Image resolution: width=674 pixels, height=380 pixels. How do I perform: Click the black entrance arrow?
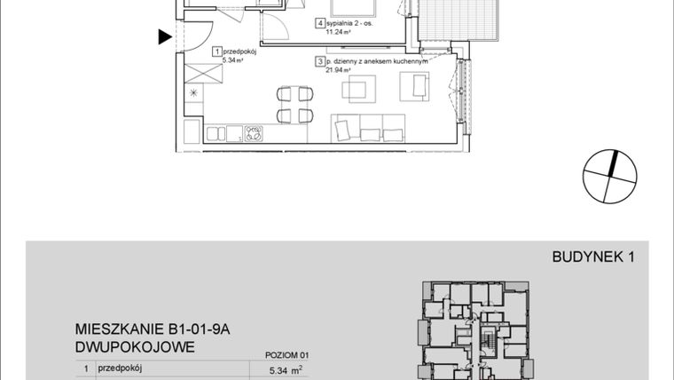pos(164,37)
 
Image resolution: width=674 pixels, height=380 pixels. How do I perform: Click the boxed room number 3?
pos(318,62)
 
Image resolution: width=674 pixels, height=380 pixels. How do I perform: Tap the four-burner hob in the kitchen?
pos(255,134)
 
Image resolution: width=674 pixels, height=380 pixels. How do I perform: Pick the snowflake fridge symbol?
pos(193,93)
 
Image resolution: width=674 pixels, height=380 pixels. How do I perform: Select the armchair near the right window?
pos(413,87)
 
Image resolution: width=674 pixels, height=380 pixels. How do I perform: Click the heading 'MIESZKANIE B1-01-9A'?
pos(153,329)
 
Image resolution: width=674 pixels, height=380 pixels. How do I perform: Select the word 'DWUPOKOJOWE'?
pos(134,346)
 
